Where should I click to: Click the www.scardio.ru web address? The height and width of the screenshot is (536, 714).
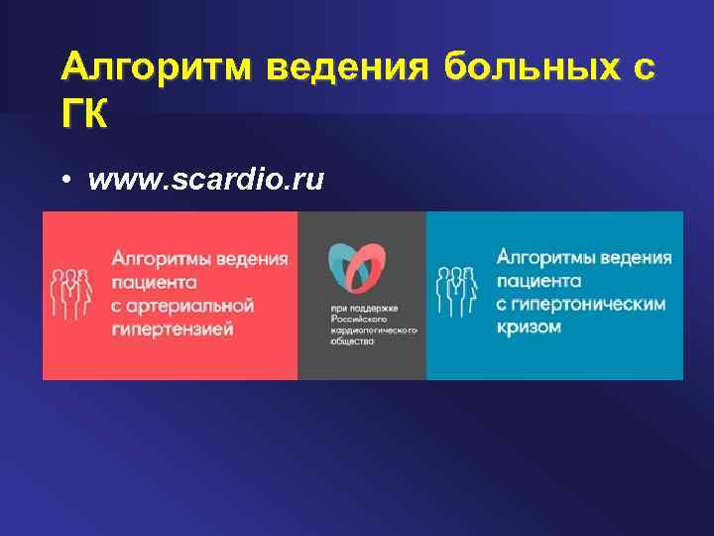click(x=206, y=181)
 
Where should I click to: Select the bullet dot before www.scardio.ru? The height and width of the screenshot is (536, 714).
click(x=63, y=182)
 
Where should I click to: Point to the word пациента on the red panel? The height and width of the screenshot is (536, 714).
click(x=154, y=282)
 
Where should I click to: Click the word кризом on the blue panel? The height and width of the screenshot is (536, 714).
click(x=530, y=327)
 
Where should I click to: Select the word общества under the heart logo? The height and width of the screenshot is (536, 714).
click(x=351, y=341)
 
